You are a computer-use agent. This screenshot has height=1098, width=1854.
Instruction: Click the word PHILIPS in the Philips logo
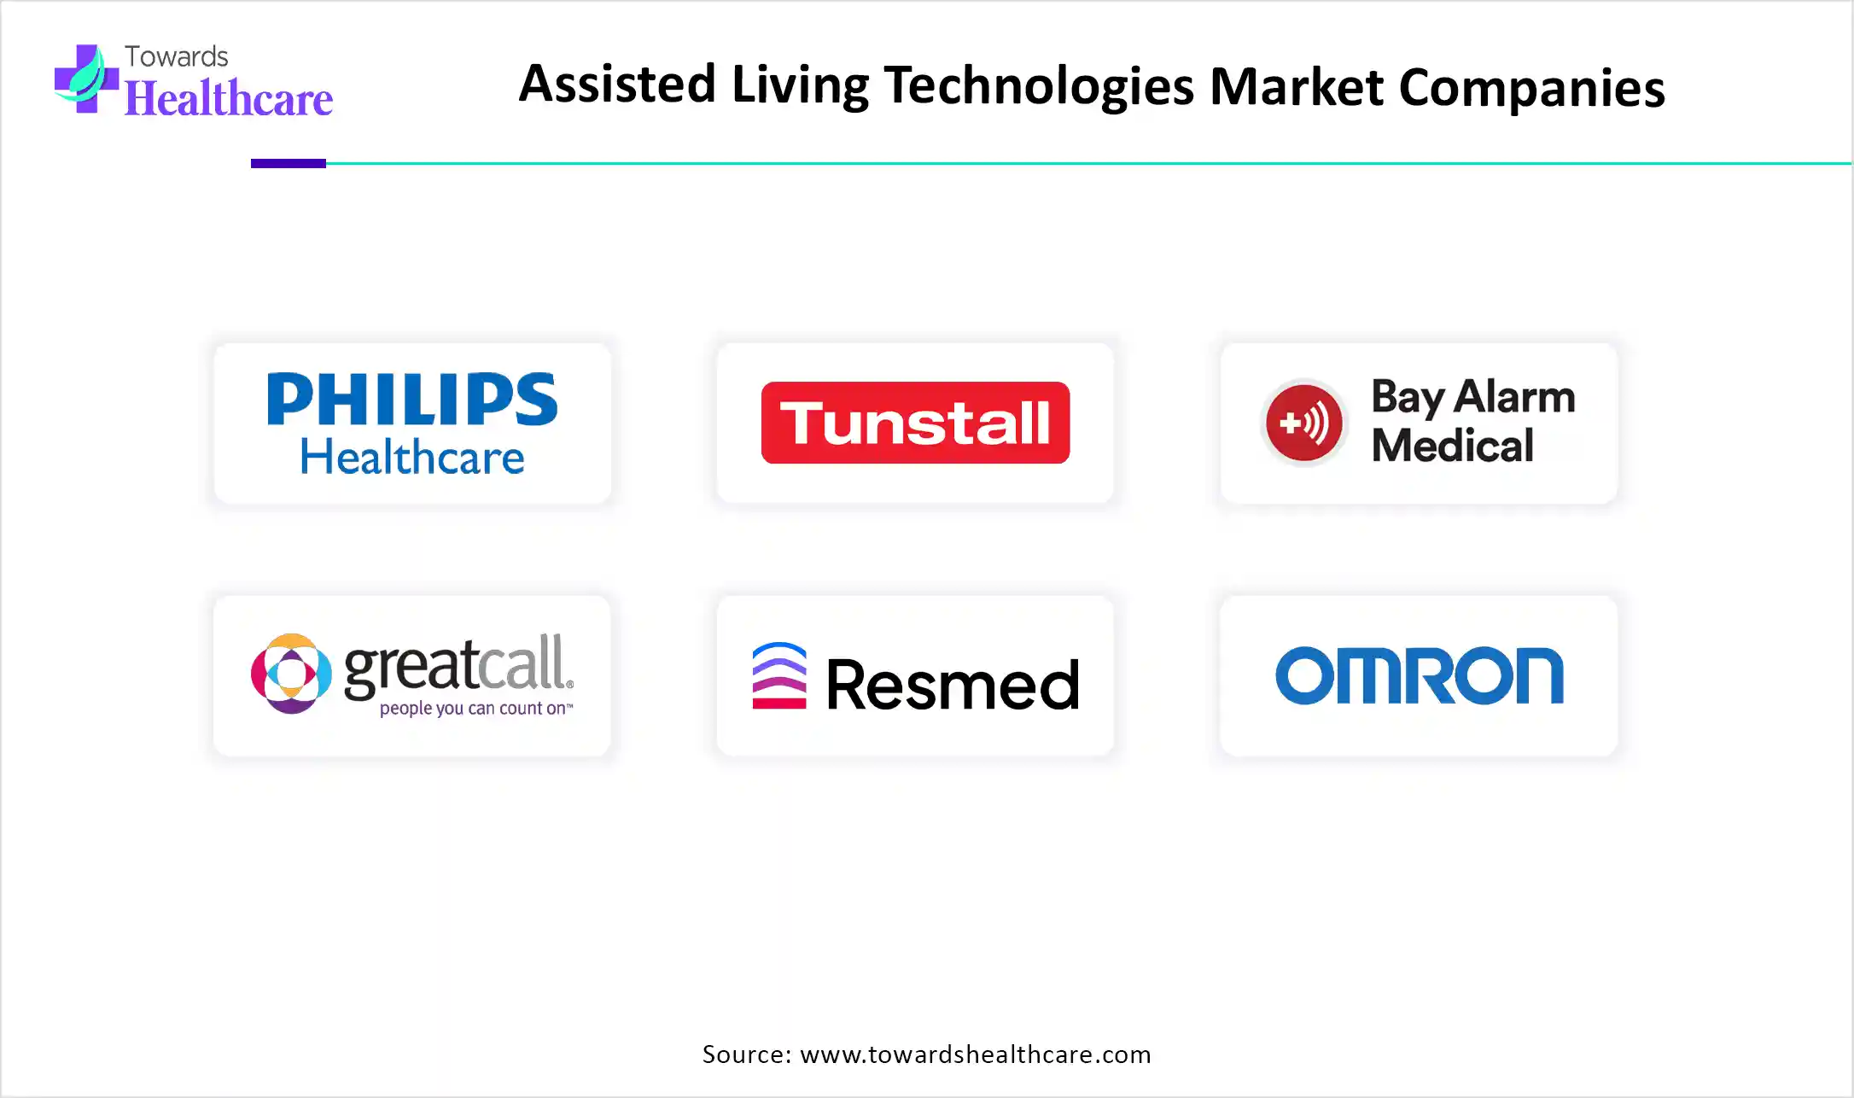tap(412, 399)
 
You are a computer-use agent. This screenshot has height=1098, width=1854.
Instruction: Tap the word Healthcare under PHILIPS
tap(412, 457)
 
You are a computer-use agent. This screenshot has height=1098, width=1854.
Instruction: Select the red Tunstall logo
tap(915, 423)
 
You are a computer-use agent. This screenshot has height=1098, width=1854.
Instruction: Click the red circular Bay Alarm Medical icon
tap(1303, 423)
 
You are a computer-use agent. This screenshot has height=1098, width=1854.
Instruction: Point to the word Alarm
tap(1514, 397)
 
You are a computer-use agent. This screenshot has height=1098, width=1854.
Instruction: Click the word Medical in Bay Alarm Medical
tap(1453, 446)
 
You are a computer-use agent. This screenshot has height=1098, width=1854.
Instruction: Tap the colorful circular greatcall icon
tap(291, 674)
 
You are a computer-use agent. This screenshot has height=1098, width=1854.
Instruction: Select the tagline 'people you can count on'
tap(476, 708)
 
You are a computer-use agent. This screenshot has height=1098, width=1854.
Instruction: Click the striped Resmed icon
tap(779, 675)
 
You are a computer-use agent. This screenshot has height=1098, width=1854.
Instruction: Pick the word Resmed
tap(953, 684)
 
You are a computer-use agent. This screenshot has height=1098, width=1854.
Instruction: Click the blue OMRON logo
tap(1420, 675)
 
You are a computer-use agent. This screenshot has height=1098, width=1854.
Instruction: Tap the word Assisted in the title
tap(617, 85)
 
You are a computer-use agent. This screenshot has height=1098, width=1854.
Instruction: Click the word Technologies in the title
tap(1039, 86)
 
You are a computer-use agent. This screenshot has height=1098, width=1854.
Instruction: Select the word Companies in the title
tap(1531, 88)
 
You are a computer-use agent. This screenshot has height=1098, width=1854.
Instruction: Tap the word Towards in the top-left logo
tap(177, 56)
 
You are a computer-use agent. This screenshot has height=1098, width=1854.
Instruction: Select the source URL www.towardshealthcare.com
tap(976, 1054)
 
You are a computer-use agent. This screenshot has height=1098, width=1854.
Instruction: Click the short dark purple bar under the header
tap(289, 163)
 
